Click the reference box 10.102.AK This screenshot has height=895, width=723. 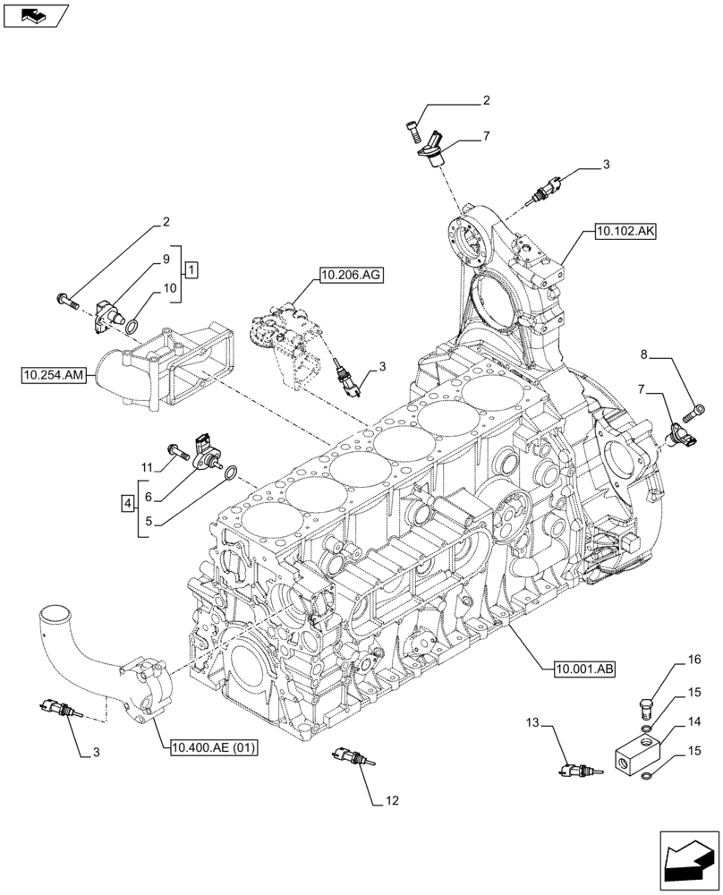625,231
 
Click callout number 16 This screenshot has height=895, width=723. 693,661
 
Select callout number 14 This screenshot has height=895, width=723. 693,720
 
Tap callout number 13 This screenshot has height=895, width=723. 534,722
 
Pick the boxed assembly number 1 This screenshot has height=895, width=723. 191,268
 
